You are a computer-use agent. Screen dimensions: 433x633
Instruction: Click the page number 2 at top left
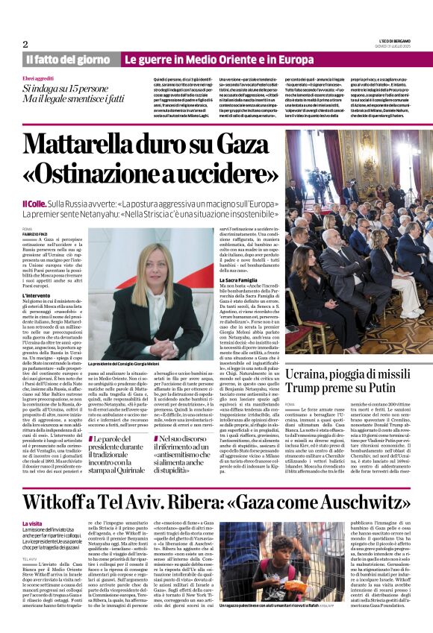25,44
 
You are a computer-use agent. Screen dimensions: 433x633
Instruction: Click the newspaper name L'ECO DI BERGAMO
396,40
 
